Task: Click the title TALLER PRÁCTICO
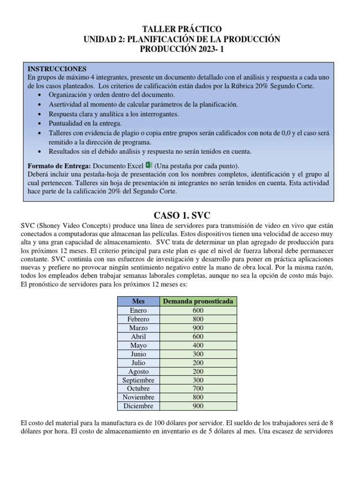(180, 30)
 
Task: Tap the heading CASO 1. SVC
(180, 216)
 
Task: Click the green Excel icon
(149, 165)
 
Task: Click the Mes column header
(138, 301)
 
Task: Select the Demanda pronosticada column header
(198, 301)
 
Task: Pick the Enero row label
(138, 310)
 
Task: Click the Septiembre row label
(138, 380)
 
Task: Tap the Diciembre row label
(138, 406)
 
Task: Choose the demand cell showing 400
(198, 345)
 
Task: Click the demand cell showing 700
(198, 389)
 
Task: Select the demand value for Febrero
(198, 319)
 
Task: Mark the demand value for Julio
(198, 362)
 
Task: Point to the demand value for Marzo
(198, 328)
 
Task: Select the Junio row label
(138, 354)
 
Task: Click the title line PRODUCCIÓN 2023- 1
(180, 50)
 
